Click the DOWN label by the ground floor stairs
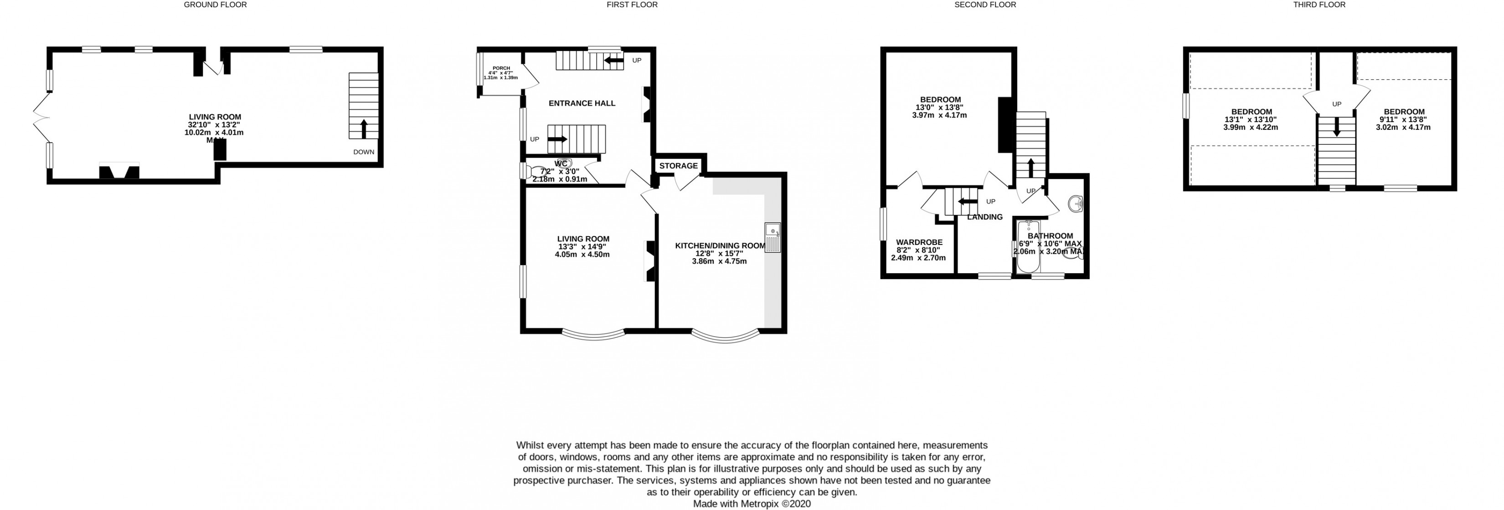[363, 152]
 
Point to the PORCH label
[501, 68]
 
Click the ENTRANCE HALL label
[582, 103]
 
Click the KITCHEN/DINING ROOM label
[720, 245]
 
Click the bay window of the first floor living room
[593, 336]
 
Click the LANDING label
[984, 217]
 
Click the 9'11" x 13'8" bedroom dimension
[1404, 120]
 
